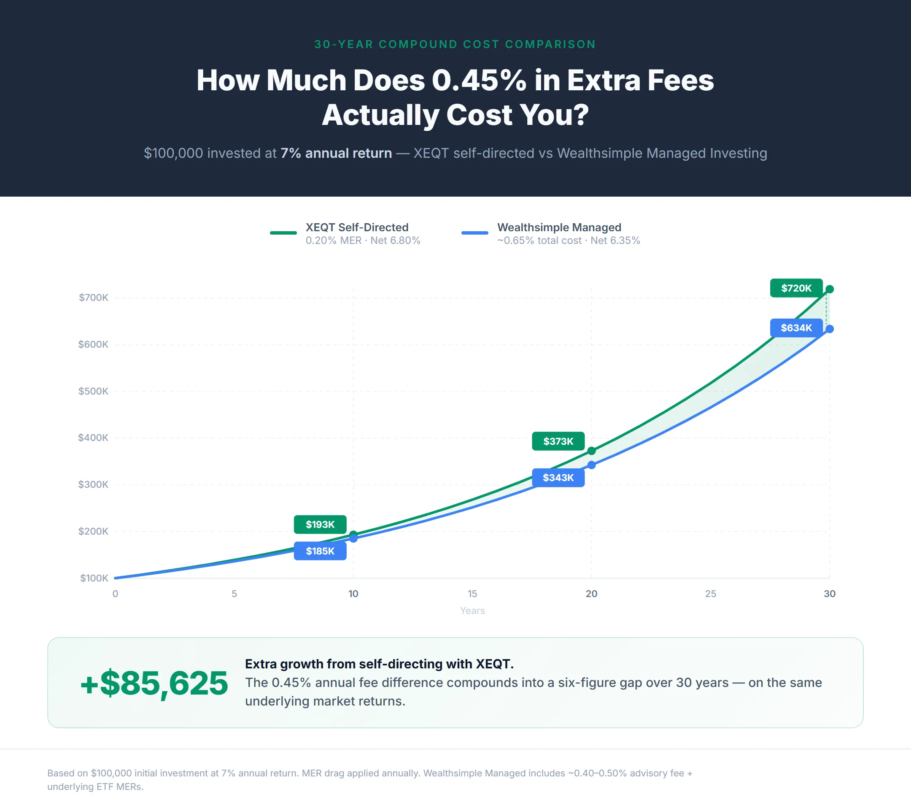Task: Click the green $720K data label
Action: (796, 288)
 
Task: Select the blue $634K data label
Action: (796, 328)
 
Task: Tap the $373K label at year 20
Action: (558, 441)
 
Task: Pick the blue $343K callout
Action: (558, 478)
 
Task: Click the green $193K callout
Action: (320, 524)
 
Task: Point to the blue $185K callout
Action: (320, 551)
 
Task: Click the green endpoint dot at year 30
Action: (830, 289)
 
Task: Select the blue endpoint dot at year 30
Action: (830, 329)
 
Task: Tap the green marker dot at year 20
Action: (591, 451)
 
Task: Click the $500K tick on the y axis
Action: (93, 391)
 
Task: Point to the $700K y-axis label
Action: (93, 297)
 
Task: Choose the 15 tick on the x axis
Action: (472, 593)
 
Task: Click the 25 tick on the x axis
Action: (710, 593)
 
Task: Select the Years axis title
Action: (472, 611)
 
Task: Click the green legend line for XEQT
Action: (283, 233)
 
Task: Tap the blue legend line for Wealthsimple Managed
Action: (474, 233)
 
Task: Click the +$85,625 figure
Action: (154, 683)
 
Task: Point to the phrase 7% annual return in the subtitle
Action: (336, 153)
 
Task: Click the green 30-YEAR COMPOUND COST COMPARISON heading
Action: (455, 44)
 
